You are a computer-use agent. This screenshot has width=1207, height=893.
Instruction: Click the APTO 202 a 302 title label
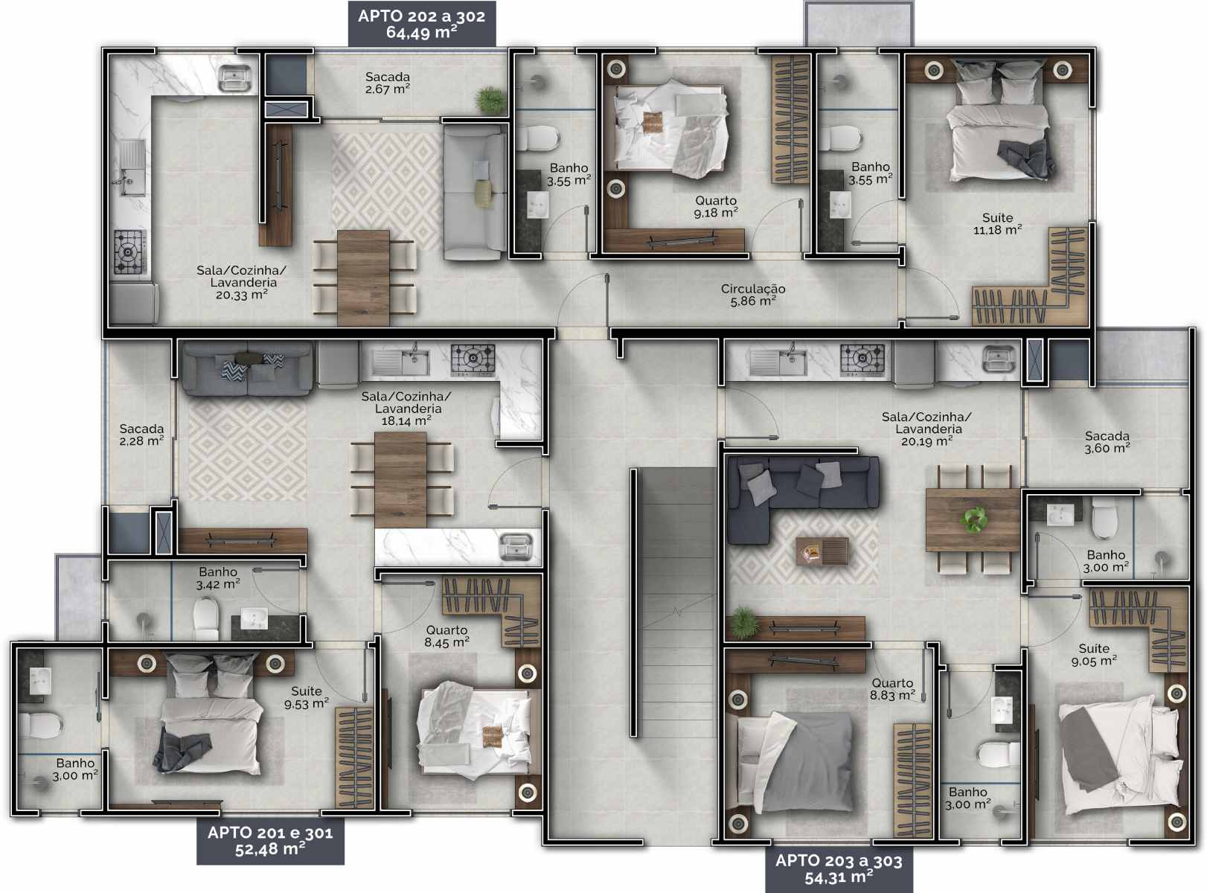point(422,23)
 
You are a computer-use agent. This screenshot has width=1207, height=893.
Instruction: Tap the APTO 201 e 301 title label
point(270,841)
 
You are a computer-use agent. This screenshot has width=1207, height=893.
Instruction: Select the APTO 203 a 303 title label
point(839,869)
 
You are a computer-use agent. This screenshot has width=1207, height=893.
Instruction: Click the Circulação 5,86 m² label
point(752,295)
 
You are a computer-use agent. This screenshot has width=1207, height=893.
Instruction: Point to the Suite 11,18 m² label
point(997,224)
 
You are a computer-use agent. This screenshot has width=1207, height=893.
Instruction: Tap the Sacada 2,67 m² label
point(388,83)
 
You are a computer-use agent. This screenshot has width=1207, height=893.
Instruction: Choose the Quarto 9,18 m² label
point(716,207)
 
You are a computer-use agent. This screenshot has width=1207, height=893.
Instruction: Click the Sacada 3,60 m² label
point(1107,442)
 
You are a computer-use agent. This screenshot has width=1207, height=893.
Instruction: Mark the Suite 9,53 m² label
point(306,697)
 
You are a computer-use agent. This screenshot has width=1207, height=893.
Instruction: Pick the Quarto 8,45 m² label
point(446,636)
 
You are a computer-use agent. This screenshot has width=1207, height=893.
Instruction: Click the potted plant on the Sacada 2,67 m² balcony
point(491,100)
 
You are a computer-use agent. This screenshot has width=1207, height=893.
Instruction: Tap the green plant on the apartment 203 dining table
point(973,519)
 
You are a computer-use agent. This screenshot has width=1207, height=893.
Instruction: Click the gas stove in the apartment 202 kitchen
point(130,252)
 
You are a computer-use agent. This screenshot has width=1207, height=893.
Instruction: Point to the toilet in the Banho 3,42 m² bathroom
point(207,618)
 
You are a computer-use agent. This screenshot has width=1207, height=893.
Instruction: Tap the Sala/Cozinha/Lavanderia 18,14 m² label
point(406,408)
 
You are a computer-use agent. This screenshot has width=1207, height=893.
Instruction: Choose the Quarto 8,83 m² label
point(892,689)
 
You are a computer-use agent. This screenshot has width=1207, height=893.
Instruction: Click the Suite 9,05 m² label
point(1094,655)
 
